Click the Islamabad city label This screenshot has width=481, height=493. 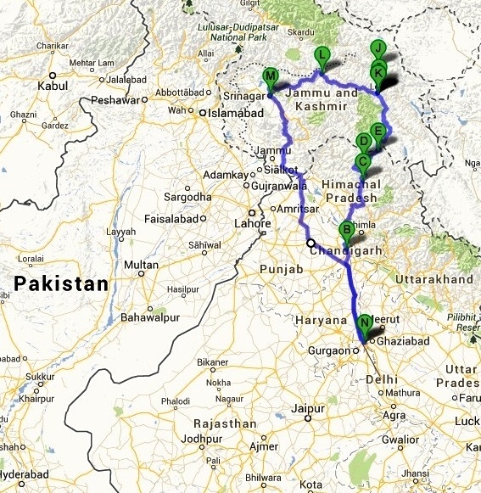[x=233, y=110]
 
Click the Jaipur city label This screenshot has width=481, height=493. [x=308, y=409]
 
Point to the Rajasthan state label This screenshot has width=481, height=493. [x=224, y=423]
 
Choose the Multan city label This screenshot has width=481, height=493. [x=141, y=266]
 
